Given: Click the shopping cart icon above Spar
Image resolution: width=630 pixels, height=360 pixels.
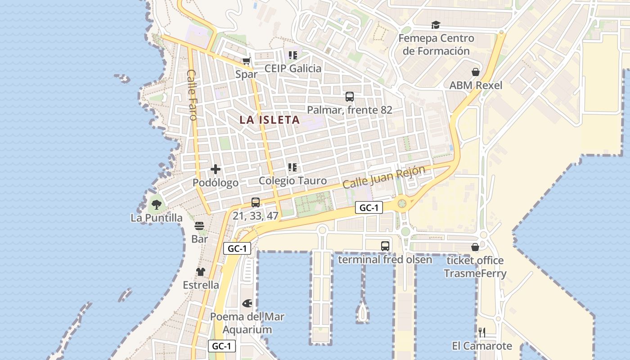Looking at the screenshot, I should pyautogui.click(x=246, y=61).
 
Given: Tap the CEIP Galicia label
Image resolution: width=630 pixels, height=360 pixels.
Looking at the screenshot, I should pyautogui.click(x=293, y=68).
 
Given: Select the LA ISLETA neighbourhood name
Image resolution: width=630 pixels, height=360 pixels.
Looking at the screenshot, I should pyautogui.click(x=270, y=120).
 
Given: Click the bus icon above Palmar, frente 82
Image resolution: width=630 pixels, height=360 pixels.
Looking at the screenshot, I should pyautogui.click(x=349, y=96).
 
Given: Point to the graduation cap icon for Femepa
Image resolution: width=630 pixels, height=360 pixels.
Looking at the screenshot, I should pyautogui.click(x=436, y=25).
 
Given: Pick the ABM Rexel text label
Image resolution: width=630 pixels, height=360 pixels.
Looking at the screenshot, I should pyautogui.click(x=476, y=85).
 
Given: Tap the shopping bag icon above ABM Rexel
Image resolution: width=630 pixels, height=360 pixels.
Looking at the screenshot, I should pyautogui.click(x=476, y=72).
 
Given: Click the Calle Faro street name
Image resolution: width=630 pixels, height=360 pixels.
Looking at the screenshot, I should pyautogui.click(x=193, y=94).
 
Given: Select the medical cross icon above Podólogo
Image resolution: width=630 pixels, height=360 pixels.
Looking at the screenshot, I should pyautogui.click(x=216, y=169).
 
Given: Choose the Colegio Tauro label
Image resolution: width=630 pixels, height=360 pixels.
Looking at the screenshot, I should pyautogui.click(x=292, y=180).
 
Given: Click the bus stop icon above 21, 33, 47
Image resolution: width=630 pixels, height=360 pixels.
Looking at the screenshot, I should pyautogui.click(x=256, y=202).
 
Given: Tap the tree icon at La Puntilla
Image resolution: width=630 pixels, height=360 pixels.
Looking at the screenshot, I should pyautogui.click(x=156, y=205).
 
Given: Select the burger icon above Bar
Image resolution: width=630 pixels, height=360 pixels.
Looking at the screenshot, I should pyautogui.click(x=199, y=226).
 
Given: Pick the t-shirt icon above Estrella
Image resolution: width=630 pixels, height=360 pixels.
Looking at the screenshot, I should pyautogui.click(x=201, y=272).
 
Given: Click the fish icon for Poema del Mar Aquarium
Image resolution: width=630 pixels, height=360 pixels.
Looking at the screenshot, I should pyautogui.click(x=247, y=303).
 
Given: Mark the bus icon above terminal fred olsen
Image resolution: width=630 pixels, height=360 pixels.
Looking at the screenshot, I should pyautogui.click(x=385, y=246).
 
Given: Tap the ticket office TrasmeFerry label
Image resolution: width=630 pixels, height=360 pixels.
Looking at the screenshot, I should pyautogui.click(x=475, y=267).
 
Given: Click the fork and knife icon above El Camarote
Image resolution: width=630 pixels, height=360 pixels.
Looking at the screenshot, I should pyautogui.click(x=482, y=333).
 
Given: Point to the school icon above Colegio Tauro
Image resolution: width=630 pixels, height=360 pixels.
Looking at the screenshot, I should pyautogui.click(x=292, y=167).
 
